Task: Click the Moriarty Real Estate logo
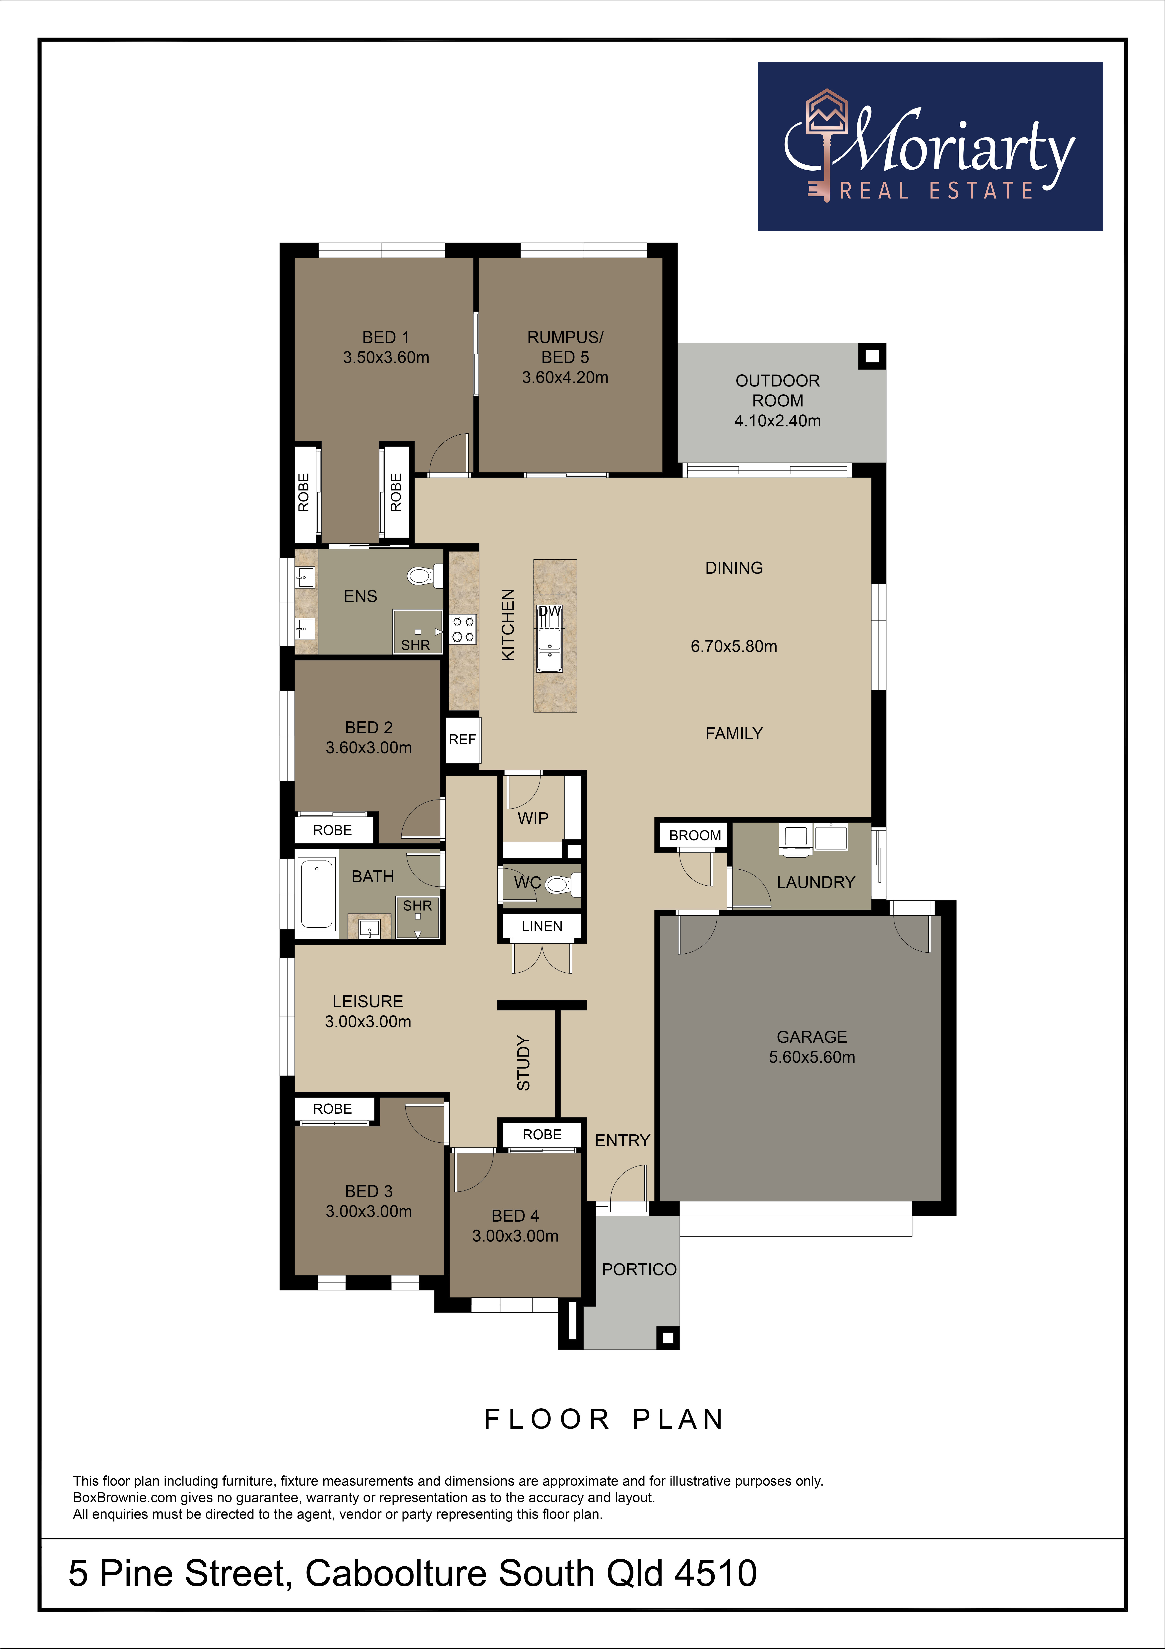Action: (930, 146)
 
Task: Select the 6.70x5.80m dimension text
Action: (734, 646)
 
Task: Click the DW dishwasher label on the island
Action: (550, 611)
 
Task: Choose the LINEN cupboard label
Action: (542, 926)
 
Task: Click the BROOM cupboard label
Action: (695, 835)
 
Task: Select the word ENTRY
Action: (622, 1141)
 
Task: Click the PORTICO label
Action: (639, 1270)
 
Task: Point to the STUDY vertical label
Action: (524, 1063)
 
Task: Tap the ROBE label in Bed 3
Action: (332, 1109)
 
